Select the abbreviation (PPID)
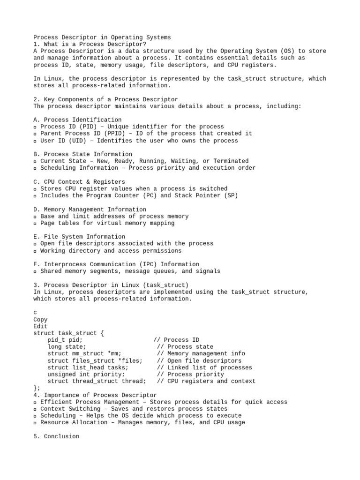109,133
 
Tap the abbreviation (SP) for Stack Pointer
231,195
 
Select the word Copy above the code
40,320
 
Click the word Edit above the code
40,326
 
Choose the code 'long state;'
67,347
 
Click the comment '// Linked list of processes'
204,367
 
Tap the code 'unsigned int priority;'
86,375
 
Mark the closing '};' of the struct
37,388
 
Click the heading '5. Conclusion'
56,436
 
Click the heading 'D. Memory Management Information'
90,210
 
